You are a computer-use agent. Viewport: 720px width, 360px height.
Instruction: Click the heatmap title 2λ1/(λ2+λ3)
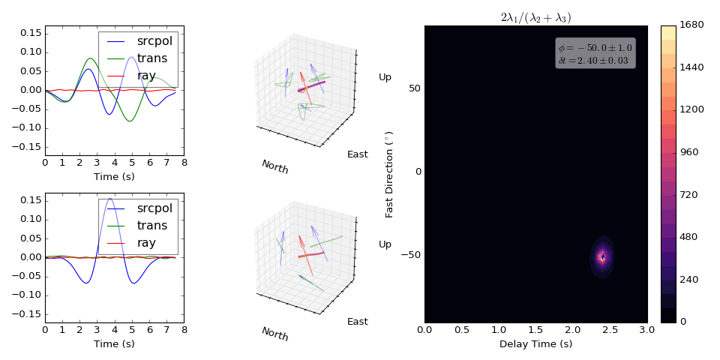point(535,17)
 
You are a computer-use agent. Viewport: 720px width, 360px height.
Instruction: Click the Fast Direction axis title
point(389,172)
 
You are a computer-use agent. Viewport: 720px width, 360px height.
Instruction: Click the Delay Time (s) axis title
point(535,343)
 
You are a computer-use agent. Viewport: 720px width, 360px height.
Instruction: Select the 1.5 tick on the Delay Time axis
point(535,330)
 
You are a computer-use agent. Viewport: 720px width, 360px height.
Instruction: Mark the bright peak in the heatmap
point(602,256)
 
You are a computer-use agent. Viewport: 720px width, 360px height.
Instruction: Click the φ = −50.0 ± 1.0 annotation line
point(595,48)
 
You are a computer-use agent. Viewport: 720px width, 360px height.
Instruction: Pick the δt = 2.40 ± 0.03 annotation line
point(592,60)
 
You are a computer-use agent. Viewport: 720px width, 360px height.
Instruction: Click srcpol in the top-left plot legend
point(154,40)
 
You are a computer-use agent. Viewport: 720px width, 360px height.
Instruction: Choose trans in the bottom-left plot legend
point(152,225)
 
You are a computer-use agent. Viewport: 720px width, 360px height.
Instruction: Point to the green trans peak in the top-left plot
point(91,58)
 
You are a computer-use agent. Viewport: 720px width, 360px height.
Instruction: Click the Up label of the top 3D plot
point(385,76)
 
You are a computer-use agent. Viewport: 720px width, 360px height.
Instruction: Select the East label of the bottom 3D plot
point(357,322)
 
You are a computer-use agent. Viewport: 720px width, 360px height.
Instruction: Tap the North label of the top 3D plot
point(275,166)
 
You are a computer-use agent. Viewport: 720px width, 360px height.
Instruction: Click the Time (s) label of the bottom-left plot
point(114,343)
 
